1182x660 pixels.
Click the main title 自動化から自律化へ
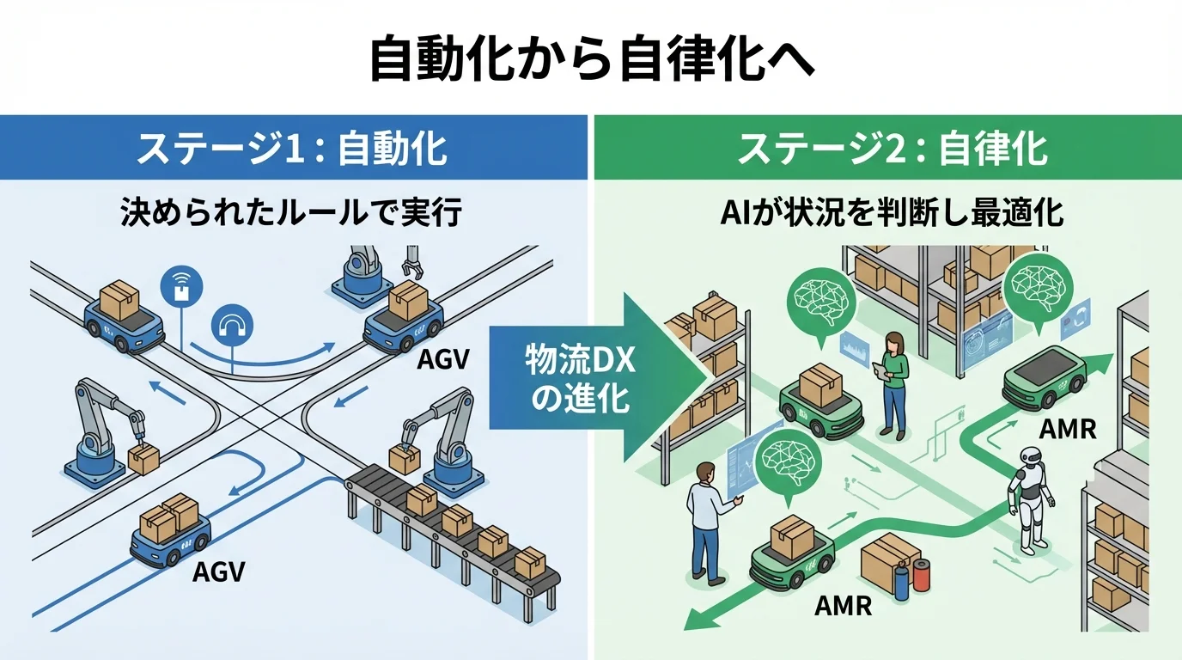click(x=591, y=58)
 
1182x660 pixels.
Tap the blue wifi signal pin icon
click(x=182, y=287)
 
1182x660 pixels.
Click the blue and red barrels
click(x=911, y=577)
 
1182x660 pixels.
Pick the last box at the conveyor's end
click(x=530, y=562)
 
